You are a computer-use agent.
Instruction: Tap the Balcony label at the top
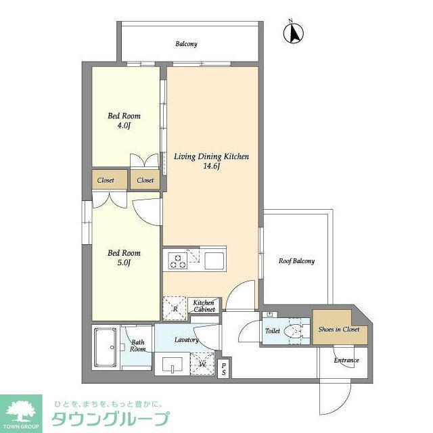(187, 44)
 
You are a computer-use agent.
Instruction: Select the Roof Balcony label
(297, 260)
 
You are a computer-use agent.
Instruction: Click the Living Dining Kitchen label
(212, 156)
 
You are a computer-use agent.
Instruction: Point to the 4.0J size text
(124, 126)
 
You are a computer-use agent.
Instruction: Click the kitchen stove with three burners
(179, 260)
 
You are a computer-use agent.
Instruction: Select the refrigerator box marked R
(175, 308)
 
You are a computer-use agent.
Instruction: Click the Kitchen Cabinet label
(204, 306)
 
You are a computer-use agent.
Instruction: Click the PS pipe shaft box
(224, 368)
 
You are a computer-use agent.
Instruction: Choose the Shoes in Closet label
(338, 329)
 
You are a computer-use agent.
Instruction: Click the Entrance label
(346, 360)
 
